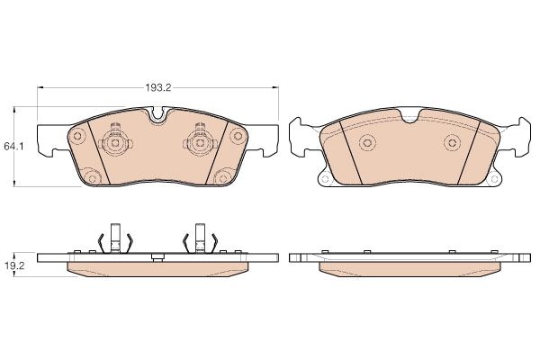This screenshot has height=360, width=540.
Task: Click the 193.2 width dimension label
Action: pos(157,88)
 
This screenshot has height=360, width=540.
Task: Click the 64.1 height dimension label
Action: pos(13,147)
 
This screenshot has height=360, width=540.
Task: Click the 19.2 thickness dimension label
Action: pos(13,266)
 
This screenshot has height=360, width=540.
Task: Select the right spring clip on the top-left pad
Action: pos(200,142)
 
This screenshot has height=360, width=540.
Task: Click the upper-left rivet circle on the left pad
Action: pos(77,136)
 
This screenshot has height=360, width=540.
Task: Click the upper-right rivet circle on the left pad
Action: pos(238,135)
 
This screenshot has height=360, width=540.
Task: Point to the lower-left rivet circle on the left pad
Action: pos(92,178)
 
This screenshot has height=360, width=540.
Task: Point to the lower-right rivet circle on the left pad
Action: pos(223,178)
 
